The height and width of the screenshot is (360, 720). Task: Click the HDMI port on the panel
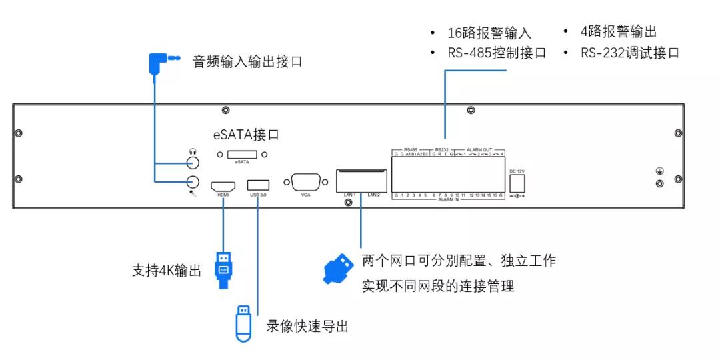click(223, 185)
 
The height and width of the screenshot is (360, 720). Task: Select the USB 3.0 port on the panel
click(258, 185)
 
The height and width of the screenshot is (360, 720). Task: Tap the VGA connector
click(306, 183)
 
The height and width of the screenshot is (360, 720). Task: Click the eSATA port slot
click(241, 155)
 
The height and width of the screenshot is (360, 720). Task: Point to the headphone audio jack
click(193, 163)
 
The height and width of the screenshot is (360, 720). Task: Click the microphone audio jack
click(193, 181)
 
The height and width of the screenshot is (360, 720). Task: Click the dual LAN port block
click(361, 181)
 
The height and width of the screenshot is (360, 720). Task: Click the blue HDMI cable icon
click(223, 269)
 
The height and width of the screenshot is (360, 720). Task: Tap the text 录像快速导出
click(307, 326)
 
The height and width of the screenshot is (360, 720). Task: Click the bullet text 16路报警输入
click(489, 33)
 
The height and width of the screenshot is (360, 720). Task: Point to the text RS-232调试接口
click(629, 53)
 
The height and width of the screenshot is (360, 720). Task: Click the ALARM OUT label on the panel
click(481, 149)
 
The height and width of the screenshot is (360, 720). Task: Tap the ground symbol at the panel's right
click(659, 172)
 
